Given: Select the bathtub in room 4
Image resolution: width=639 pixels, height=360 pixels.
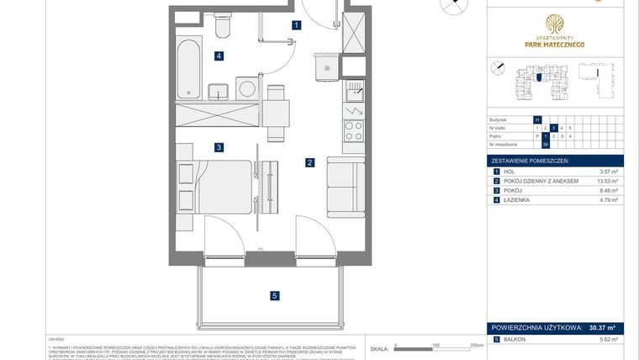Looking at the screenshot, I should (x=189, y=67).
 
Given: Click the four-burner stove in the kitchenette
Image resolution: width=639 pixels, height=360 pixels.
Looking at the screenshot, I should (x=354, y=130).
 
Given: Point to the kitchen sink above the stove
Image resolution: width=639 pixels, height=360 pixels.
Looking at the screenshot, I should (x=355, y=88).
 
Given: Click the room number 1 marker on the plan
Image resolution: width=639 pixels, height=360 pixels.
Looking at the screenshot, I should (x=297, y=25).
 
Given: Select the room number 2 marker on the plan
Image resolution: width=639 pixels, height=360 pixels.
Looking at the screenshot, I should (x=309, y=162).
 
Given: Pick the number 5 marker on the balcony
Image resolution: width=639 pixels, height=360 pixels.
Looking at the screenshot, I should (x=273, y=295).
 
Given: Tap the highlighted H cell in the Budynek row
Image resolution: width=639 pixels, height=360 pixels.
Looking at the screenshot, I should (x=537, y=119).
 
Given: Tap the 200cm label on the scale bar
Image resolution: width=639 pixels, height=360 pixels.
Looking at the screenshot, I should (x=476, y=345).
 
